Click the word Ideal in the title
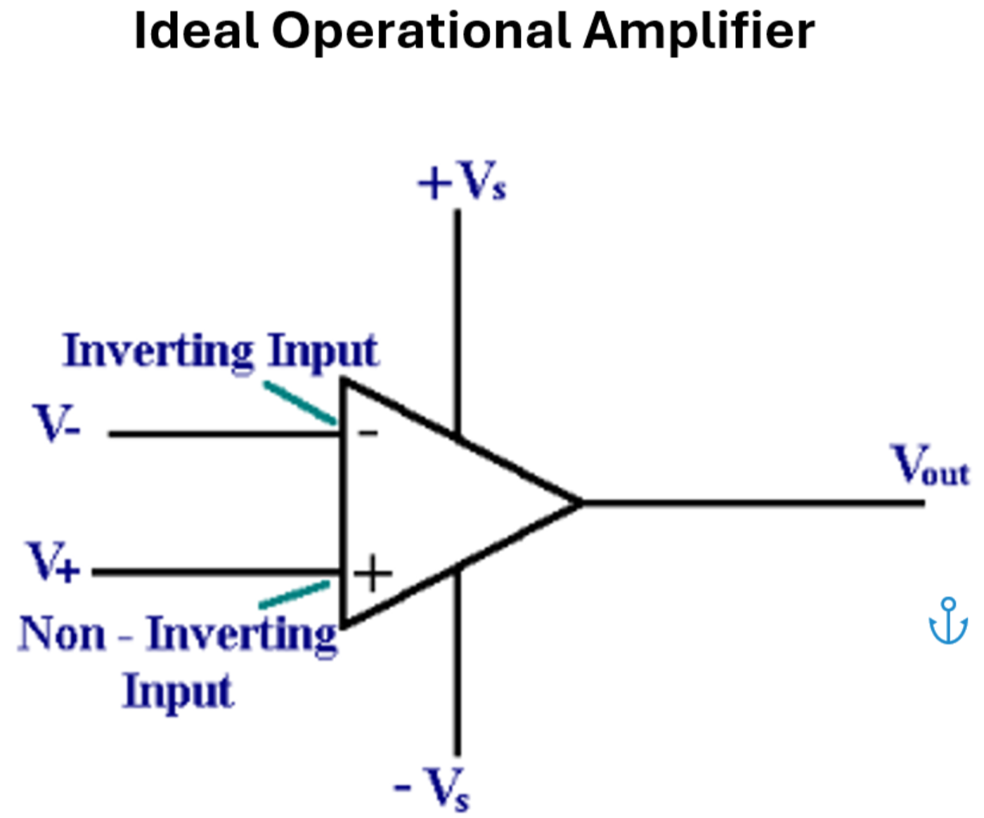pyautogui.click(x=195, y=32)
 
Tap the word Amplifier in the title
pyautogui.click(x=699, y=32)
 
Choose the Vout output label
pyautogui.click(x=930, y=466)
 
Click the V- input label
pyautogui.click(x=56, y=423)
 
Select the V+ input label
pyautogui.click(x=53, y=562)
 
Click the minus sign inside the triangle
pyautogui.click(x=368, y=433)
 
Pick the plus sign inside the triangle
pyautogui.click(x=373, y=574)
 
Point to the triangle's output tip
pyautogui.click(x=579, y=503)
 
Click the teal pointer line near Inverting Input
pyautogui.click(x=299, y=403)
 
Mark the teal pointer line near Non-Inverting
pyautogui.click(x=294, y=594)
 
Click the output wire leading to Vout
pyautogui.click(x=752, y=503)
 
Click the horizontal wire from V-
pyautogui.click(x=225, y=434)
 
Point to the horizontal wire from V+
pyautogui.click(x=218, y=572)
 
